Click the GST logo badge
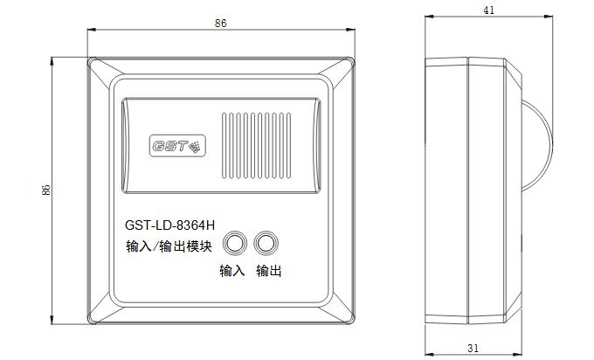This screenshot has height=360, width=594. [177, 146]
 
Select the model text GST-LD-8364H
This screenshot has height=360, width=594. [169, 225]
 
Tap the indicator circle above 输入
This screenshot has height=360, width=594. [234, 243]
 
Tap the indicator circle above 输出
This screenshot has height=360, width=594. [266, 243]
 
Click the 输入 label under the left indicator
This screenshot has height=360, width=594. [231, 271]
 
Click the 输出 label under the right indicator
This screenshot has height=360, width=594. [268, 271]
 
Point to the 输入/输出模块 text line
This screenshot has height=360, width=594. [169, 246]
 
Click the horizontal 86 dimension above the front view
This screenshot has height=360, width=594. [220, 23]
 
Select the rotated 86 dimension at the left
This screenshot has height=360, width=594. [45, 190]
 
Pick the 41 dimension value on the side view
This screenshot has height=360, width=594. [488, 10]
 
